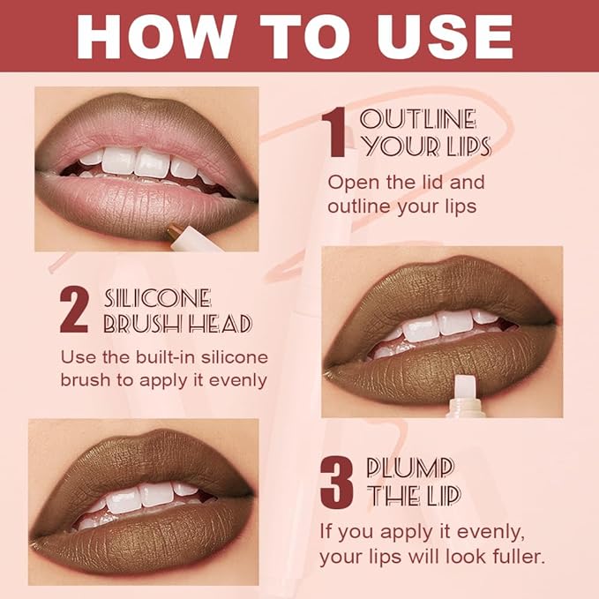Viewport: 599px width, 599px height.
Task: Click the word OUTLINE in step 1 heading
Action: [x=418, y=119]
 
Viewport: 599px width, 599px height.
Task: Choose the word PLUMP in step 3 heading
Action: [x=410, y=468]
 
